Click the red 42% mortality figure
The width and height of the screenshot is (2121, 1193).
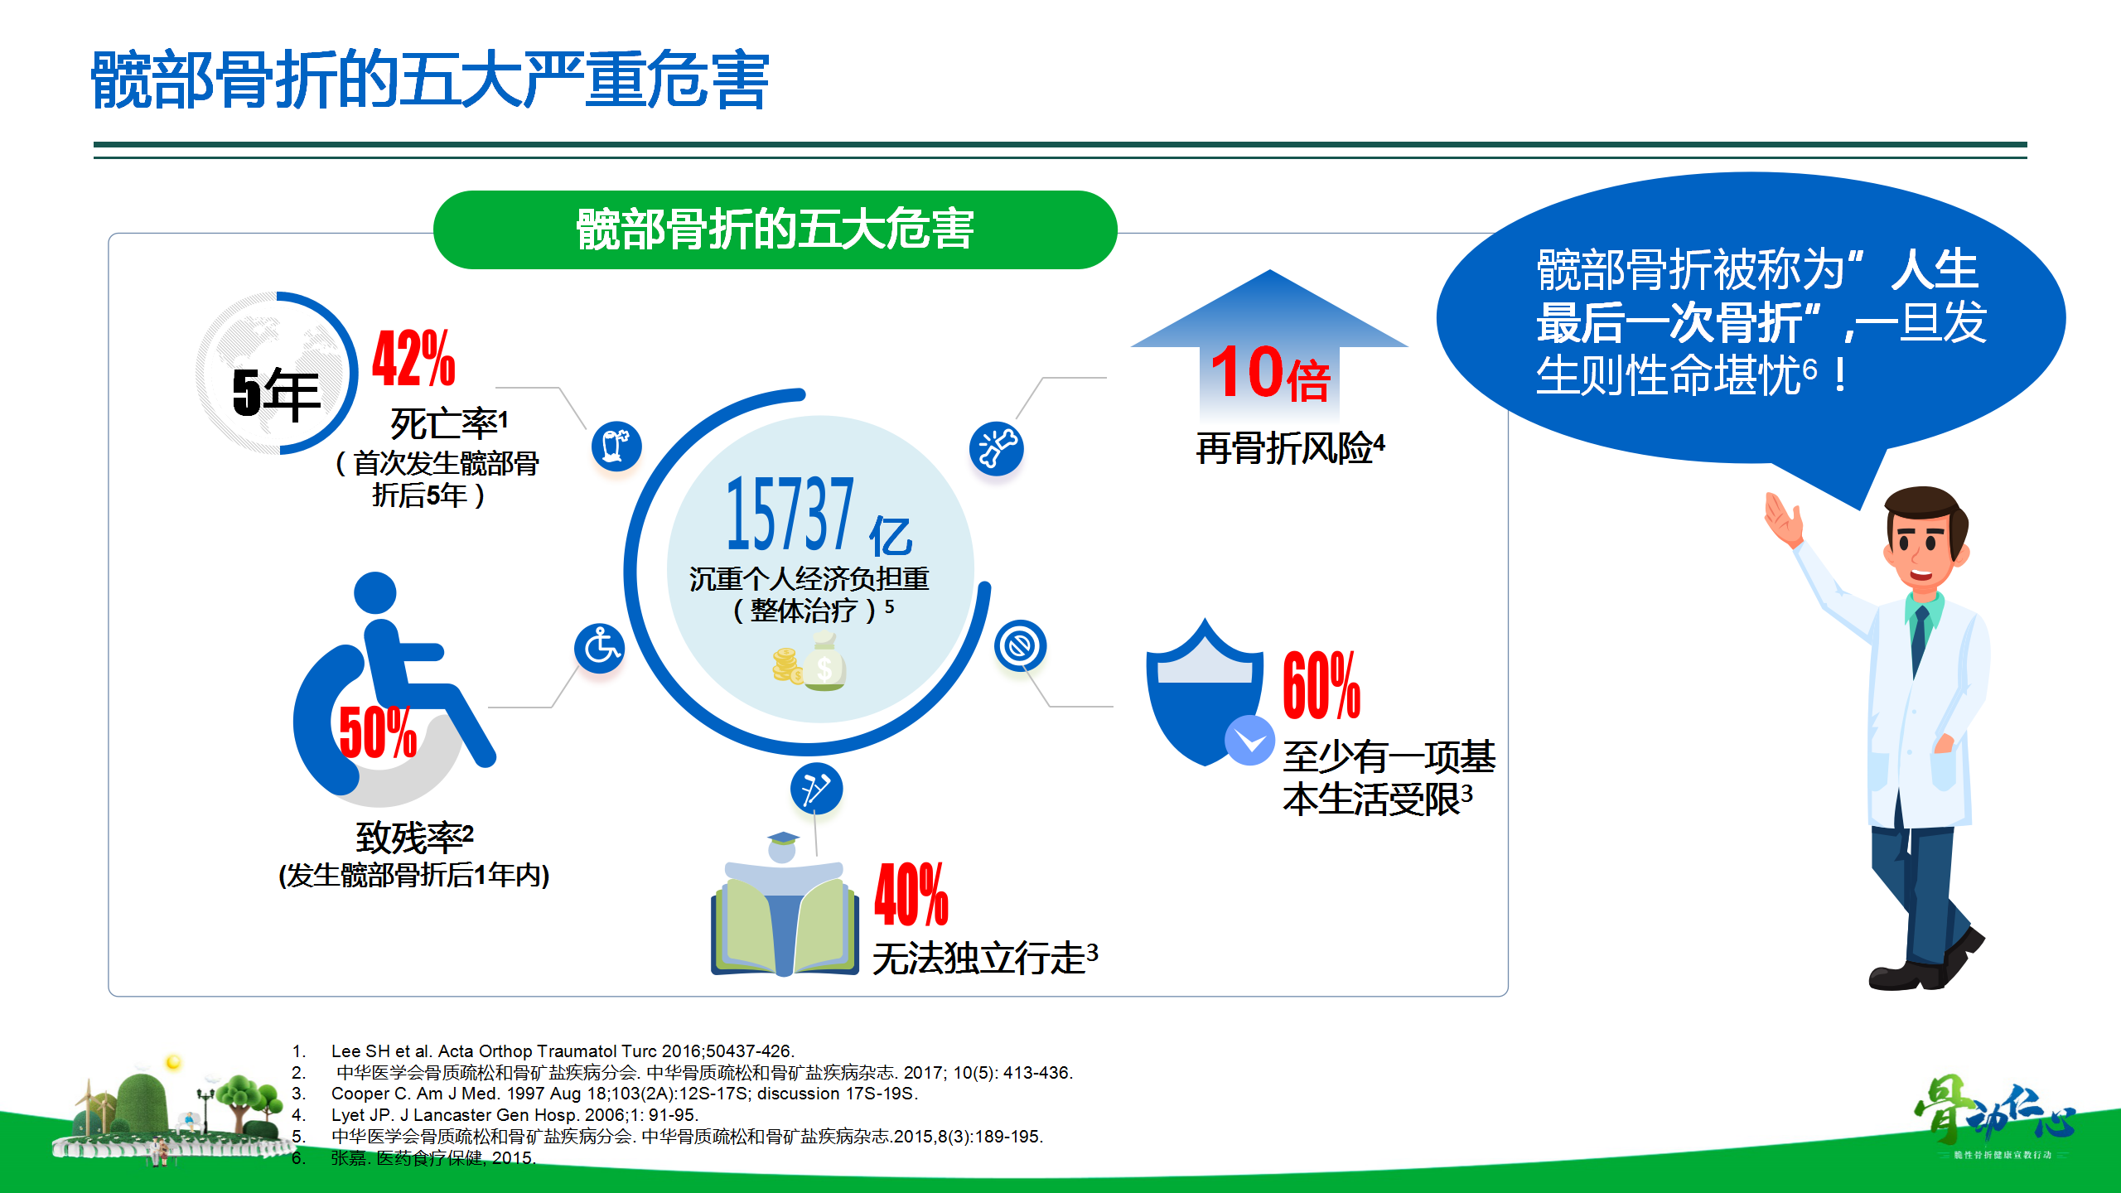pyautogui.click(x=413, y=358)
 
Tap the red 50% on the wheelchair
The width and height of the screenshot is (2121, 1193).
pyautogui.click(x=378, y=732)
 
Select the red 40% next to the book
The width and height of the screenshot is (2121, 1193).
pyautogui.click(x=911, y=894)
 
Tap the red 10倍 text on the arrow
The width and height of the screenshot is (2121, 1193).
pyautogui.click(x=1270, y=373)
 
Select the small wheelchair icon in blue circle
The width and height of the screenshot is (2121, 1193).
pyautogui.click(x=600, y=648)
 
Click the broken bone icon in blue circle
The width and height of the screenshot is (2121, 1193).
pyautogui.click(x=996, y=448)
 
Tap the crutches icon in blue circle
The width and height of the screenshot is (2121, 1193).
pyautogui.click(x=816, y=789)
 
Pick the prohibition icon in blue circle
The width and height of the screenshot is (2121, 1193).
pyautogui.click(x=1020, y=645)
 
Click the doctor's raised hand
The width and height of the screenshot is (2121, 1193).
pyautogui.click(x=1784, y=519)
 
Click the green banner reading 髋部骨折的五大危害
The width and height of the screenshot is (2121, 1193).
pyautogui.click(x=775, y=229)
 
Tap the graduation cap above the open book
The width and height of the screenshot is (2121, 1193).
pyautogui.click(x=783, y=838)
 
